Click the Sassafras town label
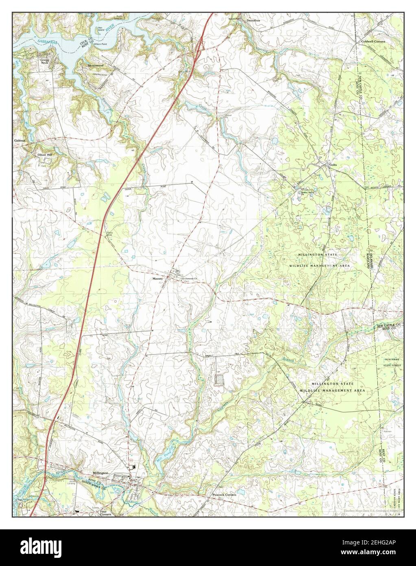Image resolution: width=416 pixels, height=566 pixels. click(250, 20)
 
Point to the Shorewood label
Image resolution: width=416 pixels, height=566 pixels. click(96, 65)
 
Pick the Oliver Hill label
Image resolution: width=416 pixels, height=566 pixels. click(45, 155)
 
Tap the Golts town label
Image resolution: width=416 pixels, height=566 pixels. click(333, 165)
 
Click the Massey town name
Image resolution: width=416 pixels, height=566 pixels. click(157, 279)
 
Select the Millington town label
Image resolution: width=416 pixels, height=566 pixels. click(101, 473)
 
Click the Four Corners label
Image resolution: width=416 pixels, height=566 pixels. click(106, 513)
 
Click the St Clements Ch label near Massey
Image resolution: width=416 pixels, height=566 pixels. click(189, 279)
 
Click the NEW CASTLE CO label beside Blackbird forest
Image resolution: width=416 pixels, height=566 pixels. click(389, 326)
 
